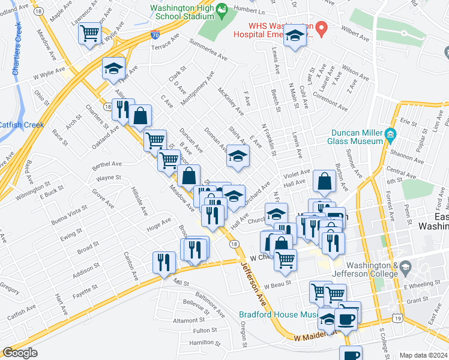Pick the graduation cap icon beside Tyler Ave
[113, 69]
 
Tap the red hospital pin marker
[322, 27]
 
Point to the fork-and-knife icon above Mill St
[162, 262]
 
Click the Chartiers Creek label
[18, 48]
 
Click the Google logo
[20, 353]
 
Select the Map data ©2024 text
[423, 355]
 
